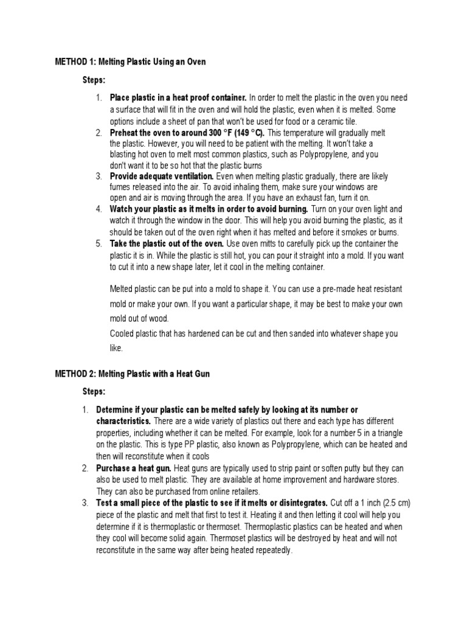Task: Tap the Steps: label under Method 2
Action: (94, 391)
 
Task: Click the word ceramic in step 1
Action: (344, 121)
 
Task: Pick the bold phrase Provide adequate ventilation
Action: (161, 176)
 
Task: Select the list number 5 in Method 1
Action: (99, 243)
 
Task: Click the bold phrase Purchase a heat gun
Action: (134, 468)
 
